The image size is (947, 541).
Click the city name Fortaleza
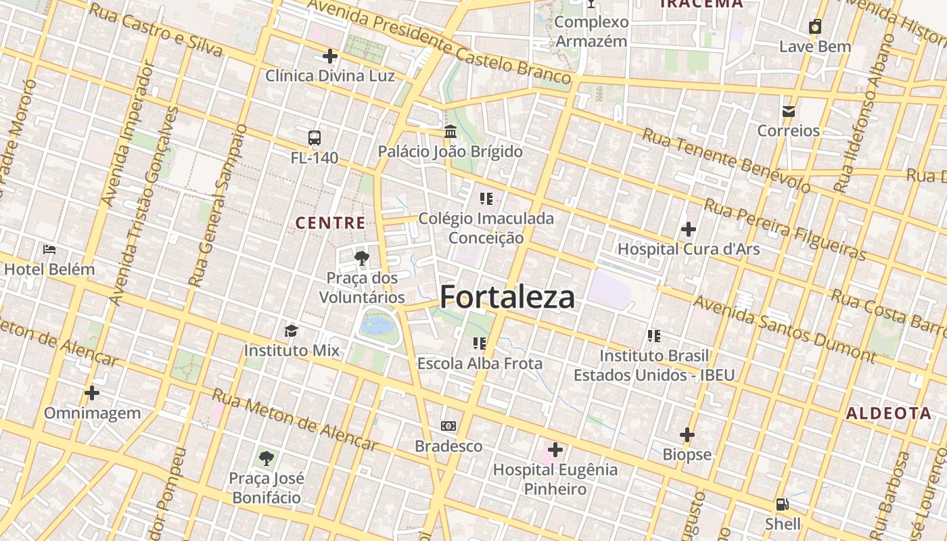tap(507, 297)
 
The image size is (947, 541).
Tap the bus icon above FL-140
tap(315, 138)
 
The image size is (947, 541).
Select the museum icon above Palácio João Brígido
tap(451, 131)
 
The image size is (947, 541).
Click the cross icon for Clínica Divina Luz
tap(330, 55)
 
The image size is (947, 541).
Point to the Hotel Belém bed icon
tap(49, 249)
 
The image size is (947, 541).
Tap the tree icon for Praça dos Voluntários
tap(362, 257)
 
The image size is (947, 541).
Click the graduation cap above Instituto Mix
tap(291, 330)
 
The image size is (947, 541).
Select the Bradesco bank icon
tap(448, 426)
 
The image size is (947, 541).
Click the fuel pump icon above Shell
tap(783, 504)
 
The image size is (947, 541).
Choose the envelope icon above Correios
tap(788, 111)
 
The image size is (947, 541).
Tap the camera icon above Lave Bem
tap(815, 27)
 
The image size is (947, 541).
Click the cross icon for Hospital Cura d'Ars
tap(689, 229)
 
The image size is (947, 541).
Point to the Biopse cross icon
tap(687, 434)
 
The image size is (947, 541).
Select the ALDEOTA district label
tap(889, 413)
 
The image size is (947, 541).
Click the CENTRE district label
tap(331, 222)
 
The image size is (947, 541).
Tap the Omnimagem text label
tap(93, 413)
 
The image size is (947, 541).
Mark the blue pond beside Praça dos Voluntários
tap(377, 326)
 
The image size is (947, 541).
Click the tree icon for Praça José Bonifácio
tap(267, 458)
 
